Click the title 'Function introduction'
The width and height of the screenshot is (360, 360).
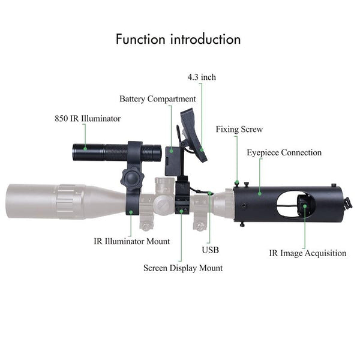[178, 40]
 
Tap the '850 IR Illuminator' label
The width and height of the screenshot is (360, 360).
[87, 119]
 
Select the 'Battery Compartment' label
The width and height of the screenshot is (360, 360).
[158, 98]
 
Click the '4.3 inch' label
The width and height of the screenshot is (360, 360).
[200, 77]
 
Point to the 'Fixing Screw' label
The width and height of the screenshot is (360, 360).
[239, 129]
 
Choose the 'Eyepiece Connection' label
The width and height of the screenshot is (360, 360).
[284, 152]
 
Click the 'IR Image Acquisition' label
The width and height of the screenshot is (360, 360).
[307, 253]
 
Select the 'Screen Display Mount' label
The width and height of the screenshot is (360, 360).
[182, 268]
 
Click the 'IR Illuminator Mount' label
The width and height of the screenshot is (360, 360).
[132, 241]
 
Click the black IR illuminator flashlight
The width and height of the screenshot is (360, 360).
[114, 152]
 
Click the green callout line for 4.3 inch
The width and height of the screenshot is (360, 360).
[201, 114]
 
